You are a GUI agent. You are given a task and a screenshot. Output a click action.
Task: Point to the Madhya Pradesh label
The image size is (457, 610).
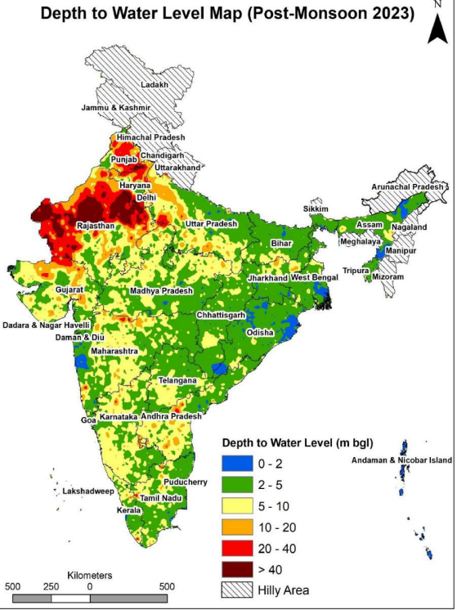click(x=161, y=291)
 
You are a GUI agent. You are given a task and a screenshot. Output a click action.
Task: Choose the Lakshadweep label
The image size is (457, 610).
click(x=85, y=491)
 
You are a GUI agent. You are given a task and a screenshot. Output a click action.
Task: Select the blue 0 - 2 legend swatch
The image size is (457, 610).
click(x=235, y=464)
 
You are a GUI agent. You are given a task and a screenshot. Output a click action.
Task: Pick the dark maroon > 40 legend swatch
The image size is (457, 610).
click(x=235, y=567)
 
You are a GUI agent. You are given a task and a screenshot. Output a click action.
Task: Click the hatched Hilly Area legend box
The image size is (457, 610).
click(x=235, y=589)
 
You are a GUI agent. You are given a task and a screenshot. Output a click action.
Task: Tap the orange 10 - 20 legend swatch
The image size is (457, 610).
click(x=235, y=526)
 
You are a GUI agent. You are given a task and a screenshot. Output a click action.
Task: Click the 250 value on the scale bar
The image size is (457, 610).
click(x=51, y=586)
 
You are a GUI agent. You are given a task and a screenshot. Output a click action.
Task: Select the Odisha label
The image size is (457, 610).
click(x=261, y=333)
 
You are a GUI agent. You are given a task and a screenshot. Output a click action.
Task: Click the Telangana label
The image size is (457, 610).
click(x=177, y=381)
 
